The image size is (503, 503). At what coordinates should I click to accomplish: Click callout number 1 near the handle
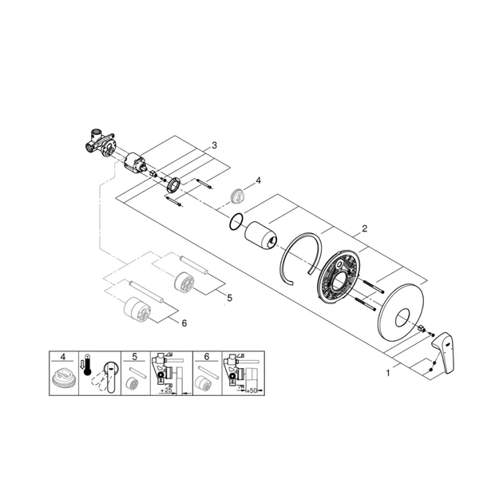tap(390, 372)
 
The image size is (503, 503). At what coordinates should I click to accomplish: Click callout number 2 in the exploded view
tap(365, 229)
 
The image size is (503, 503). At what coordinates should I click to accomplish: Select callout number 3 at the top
tap(213, 145)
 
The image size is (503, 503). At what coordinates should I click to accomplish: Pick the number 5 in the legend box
tap(135, 354)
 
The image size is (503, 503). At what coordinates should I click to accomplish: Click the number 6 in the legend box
tap(206, 354)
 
